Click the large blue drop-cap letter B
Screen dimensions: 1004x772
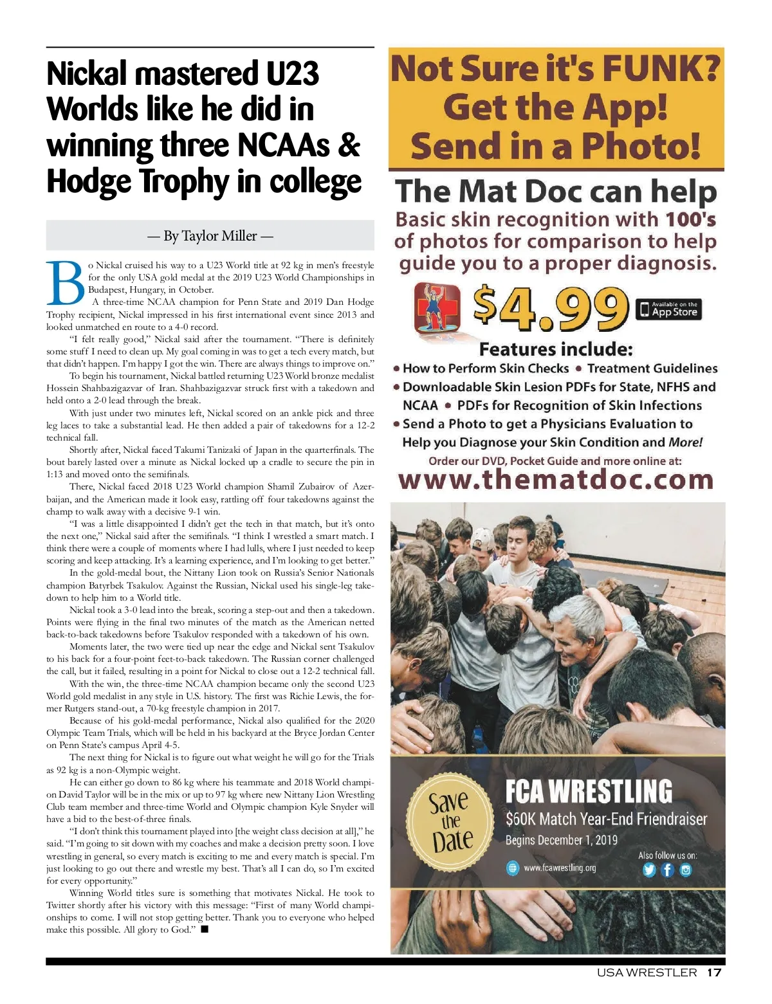click(66, 283)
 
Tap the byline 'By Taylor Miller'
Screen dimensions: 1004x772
click(210, 236)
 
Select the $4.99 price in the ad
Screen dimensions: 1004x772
click(551, 309)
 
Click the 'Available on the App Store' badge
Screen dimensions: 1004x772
click(668, 309)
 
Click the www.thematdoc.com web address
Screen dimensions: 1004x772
click(556, 480)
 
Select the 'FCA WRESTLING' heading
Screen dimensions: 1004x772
click(589, 791)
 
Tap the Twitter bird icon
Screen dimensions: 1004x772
click(648, 870)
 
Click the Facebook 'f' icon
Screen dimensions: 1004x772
click(668, 870)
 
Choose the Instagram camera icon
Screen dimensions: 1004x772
click(686, 870)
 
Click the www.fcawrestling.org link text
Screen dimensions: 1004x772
click(560, 868)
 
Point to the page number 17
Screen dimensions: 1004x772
click(714, 972)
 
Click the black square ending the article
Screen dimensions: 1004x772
click(205, 929)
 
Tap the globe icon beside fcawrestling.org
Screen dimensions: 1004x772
click(512, 868)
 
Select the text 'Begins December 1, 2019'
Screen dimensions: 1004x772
click(561, 840)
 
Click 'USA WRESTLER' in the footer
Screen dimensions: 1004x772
click(647, 972)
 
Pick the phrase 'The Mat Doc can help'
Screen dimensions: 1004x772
click(556, 192)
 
